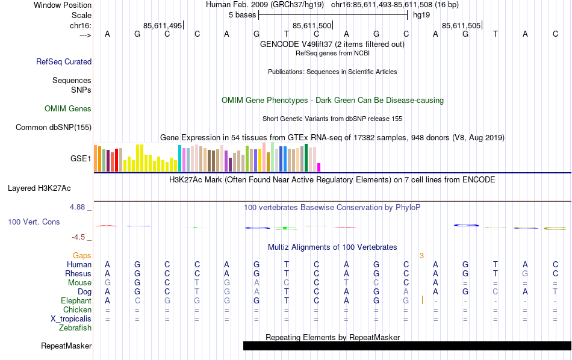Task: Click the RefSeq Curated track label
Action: click(64, 61)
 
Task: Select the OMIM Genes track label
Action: click(68, 109)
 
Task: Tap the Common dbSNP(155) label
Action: click(54, 127)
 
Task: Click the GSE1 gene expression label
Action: click(81, 159)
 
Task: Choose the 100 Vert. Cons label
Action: click(34, 222)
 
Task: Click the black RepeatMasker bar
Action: click(407, 346)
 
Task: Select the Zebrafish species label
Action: click(75, 328)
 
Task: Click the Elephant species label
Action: click(76, 300)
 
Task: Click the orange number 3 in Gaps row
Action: click(421, 256)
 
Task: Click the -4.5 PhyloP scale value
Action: click(79, 237)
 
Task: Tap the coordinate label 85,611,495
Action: click(163, 25)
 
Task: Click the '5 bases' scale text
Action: click(243, 15)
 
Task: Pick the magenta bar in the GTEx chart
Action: click(319, 167)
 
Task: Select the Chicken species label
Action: click(77, 310)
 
